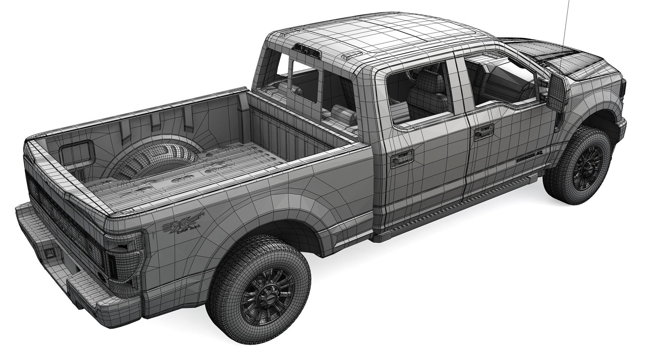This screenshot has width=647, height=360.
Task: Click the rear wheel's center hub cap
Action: coord(268,297)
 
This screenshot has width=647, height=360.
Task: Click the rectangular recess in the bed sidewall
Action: coord(76,151)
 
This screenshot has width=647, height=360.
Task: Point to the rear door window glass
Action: coord(418,96)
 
